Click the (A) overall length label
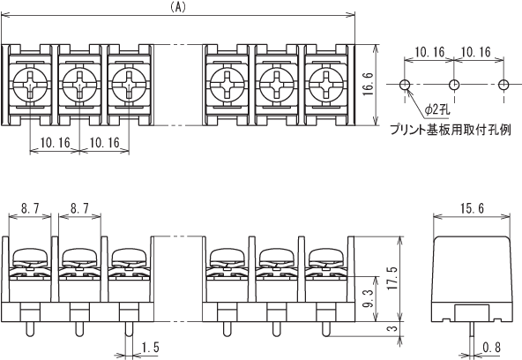pos(178,8)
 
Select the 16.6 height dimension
pos(369,85)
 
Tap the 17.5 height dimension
pos(392,279)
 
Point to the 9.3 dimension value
pos(369,298)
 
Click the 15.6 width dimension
pos(472,209)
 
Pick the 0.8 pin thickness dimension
pos(491,348)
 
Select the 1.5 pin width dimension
pos(150,348)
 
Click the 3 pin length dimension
pos(393,328)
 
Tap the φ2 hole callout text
pos(437,109)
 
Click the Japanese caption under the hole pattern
pos(451,129)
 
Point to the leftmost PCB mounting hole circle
pos(405,85)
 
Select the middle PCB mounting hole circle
pos(454,85)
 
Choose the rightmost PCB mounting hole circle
pos(503,85)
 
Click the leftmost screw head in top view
pos(30,85)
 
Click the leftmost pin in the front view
pos(30,329)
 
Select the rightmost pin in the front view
pos(326,329)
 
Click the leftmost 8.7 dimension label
pos(30,209)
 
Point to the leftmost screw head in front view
pos(30,256)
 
